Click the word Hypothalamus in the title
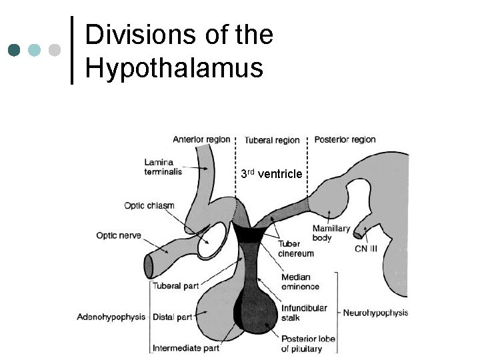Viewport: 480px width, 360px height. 174,68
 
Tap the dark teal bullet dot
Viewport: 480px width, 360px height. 15,50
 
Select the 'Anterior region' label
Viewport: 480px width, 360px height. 201,139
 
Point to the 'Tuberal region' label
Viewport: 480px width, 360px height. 271,140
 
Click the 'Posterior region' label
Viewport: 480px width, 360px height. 345,139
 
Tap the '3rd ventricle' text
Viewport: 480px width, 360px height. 271,174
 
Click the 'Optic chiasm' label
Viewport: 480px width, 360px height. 149,205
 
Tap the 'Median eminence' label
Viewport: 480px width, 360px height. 301,282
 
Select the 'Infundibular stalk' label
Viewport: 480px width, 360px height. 303,313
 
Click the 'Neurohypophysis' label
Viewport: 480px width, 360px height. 375,312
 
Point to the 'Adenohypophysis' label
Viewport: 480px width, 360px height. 111,317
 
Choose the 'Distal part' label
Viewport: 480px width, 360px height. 171,317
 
